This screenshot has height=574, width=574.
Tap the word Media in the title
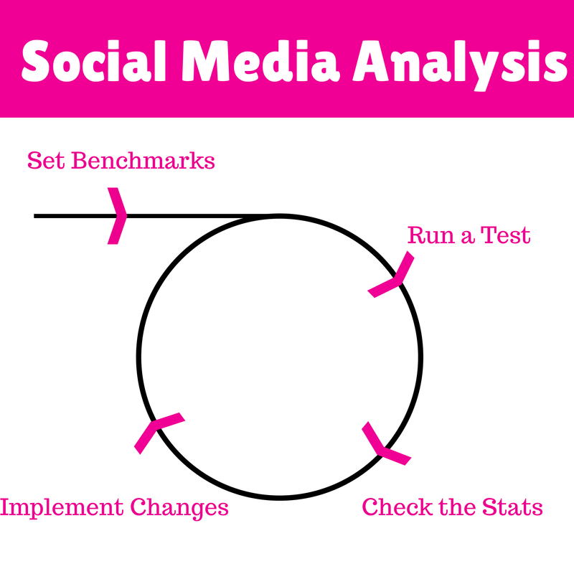[x=260, y=60]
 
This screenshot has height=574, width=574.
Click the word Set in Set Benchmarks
[x=46, y=161]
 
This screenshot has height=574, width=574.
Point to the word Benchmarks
[x=143, y=161]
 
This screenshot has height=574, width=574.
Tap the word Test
[x=505, y=235]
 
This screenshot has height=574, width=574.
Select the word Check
[x=397, y=507]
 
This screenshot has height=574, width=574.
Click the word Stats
[x=512, y=507]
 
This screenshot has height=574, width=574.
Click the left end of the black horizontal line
[x=34, y=216]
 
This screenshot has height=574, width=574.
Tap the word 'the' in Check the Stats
[x=457, y=507]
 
